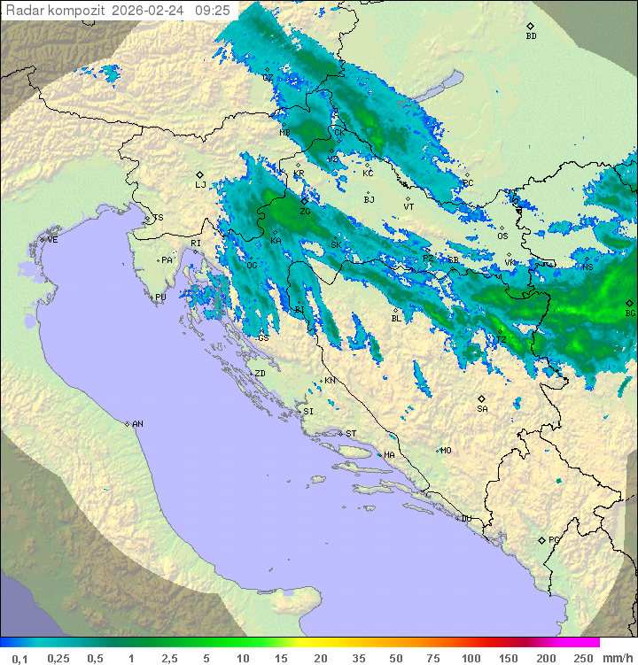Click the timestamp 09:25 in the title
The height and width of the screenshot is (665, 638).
coord(213,11)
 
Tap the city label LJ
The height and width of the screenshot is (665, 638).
coord(200,184)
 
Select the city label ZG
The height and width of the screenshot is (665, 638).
coord(305,212)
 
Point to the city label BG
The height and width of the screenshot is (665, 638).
coord(630,313)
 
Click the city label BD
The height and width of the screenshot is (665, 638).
coord(531,36)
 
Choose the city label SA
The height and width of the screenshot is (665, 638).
coord(482,408)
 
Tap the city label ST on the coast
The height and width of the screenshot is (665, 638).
coord(351,433)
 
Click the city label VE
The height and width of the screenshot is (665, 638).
coord(52,240)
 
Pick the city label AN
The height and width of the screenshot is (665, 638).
coord(137,424)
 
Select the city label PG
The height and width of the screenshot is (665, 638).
coord(554,539)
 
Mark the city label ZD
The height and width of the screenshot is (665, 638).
coord(260,374)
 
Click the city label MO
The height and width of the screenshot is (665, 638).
coord(446,450)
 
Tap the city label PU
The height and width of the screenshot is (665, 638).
coord(160,298)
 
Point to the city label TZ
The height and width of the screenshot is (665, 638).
coord(501,339)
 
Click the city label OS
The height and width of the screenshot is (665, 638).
coord(502,236)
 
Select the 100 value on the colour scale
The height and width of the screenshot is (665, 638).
coord(471,658)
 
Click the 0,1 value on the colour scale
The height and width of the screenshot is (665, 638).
coord(19,658)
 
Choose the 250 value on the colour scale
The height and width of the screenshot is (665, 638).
coord(582,658)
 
